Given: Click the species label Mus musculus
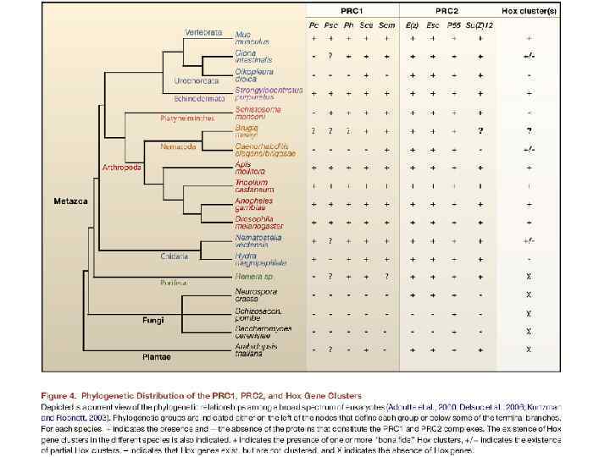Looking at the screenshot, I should pos(252,38).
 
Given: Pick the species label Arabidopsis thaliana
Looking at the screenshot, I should pos(257,350).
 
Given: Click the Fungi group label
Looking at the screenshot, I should pos(152,319).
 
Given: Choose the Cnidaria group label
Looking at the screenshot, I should pos(174,256).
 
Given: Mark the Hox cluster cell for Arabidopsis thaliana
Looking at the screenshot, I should pos(529,349).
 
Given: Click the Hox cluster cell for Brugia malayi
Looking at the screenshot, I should pos(529,131).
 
